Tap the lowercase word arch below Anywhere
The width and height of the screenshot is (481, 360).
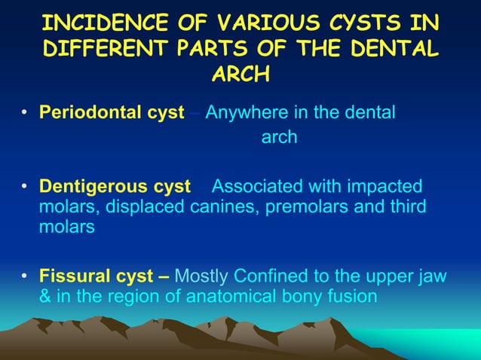point(279,138)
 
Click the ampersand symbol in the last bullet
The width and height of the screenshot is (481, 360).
point(45,297)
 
